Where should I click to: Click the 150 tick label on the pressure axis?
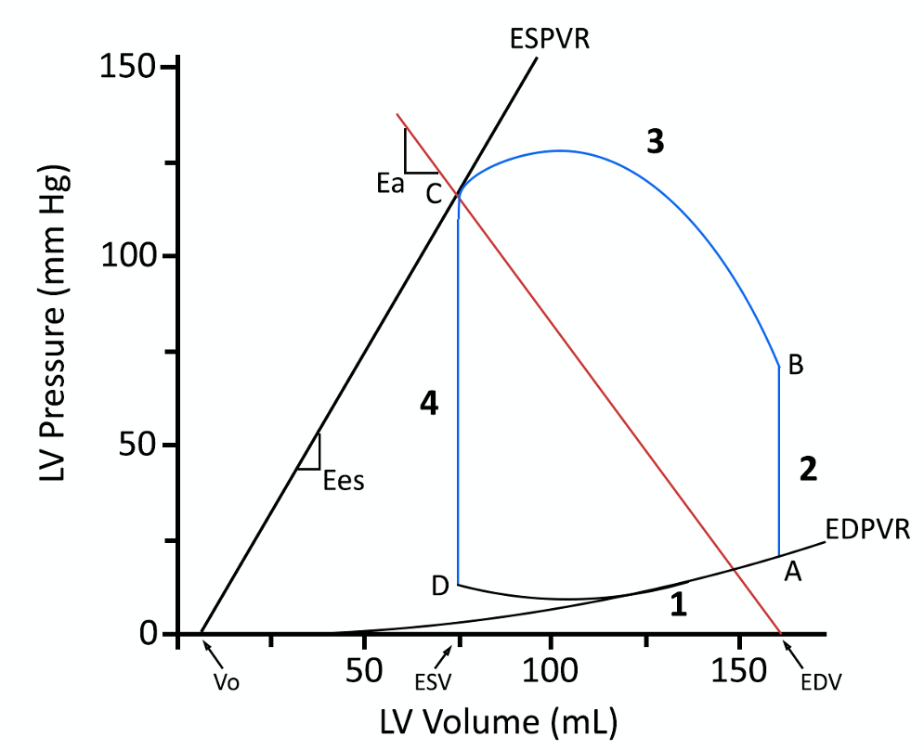[127, 68]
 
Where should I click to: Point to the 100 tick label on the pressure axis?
[127, 256]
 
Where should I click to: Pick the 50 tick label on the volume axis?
[365, 670]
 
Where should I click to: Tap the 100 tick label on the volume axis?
[552, 670]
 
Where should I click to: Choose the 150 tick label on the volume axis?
[740, 670]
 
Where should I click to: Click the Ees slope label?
[344, 481]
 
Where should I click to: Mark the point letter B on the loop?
[795, 367]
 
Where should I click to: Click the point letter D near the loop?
[440, 586]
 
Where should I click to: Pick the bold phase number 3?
[656, 142]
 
